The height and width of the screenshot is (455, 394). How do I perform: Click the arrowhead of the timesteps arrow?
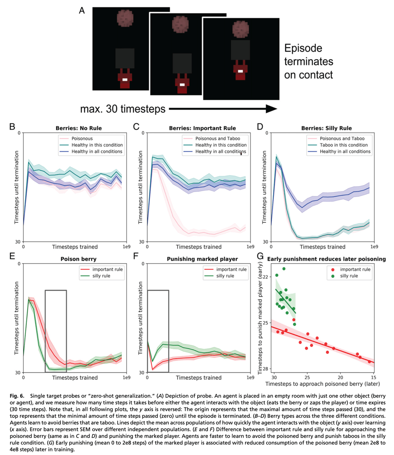coord(270,109)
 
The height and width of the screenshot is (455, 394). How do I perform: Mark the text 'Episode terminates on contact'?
coord(308,61)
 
